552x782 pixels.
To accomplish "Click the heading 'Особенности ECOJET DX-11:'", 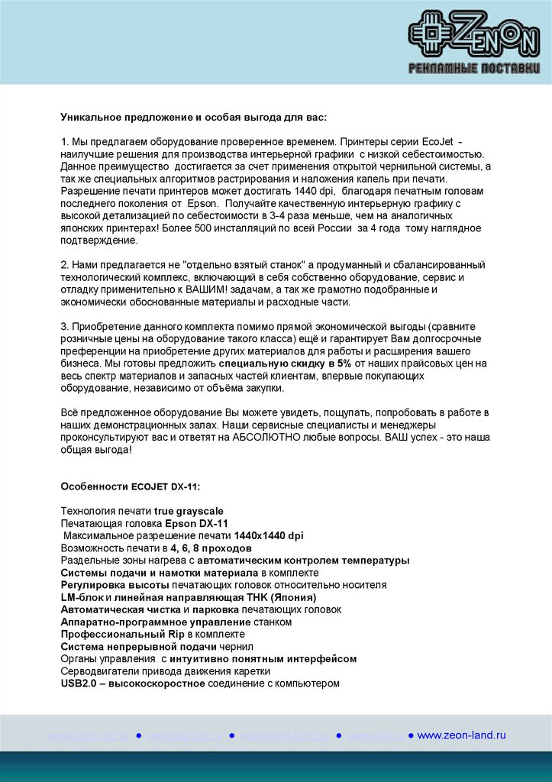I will (x=131, y=486).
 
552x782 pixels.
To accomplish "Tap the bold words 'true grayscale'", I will (x=189, y=510).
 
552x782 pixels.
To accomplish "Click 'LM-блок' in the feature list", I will (x=82, y=597).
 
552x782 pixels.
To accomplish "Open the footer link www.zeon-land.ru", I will (x=461, y=735).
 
